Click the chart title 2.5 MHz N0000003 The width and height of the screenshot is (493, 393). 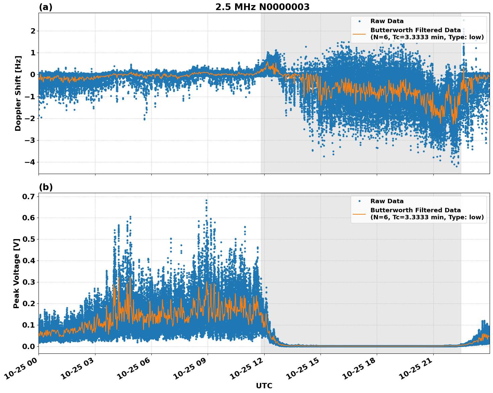pyautogui.click(x=262, y=7)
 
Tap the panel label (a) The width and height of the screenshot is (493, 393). pyautogui.click(x=46, y=7)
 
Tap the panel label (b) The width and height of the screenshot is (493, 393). pyautogui.click(x=46, y=187)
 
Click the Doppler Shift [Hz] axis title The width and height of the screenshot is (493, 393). pyautogui.click(x=18, y=93)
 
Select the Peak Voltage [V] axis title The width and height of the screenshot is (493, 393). pyautogui.click(x=16, y=273)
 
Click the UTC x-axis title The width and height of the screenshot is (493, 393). pyautogui.click(x=264, y=386)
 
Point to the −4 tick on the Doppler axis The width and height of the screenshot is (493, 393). pyautogui.click(x=30, y=162)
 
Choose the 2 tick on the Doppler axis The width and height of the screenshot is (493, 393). pyautogui.click(x=33, y=31)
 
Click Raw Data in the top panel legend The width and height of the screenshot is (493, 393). pyautogui.click(x=387, y=21)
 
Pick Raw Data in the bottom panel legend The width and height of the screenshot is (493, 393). pyautogui.click(x=387, y=201)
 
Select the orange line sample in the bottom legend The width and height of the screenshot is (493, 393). pyautogui.click(x=359, y=214)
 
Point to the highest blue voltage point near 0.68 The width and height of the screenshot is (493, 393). pyautogui.click(x=206, y=200)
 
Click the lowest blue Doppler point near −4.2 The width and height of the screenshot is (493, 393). pyautogui.click(x=456, y=166)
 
